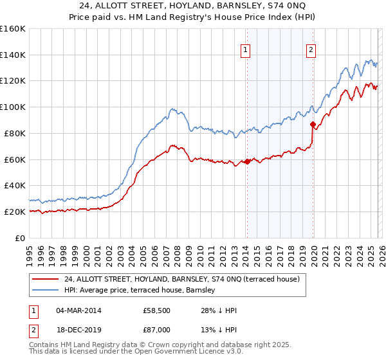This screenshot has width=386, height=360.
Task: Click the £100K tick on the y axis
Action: [x=13, y=107]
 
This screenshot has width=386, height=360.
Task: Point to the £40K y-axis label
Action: [x=13, y=185]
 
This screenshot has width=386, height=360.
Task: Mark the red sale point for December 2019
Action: [x=313, y=124]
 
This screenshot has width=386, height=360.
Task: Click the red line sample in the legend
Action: [x=46, y=279]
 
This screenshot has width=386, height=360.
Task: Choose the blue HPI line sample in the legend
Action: [x=46, y=290]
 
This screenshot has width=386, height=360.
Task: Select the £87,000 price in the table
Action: [x=156, y=329]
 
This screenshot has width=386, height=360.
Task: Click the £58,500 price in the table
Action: [x=156, y=310]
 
